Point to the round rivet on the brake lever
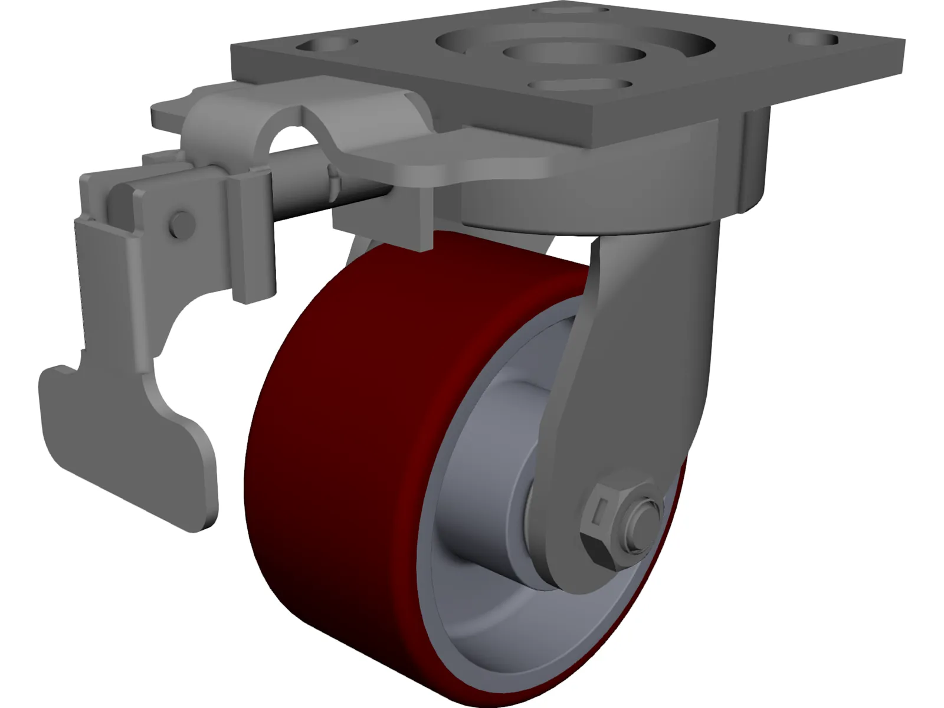tap(182, 224)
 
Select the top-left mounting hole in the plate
tap(328, 44)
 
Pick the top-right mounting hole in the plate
tap(813, 40)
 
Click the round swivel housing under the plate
tap(590, 206)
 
